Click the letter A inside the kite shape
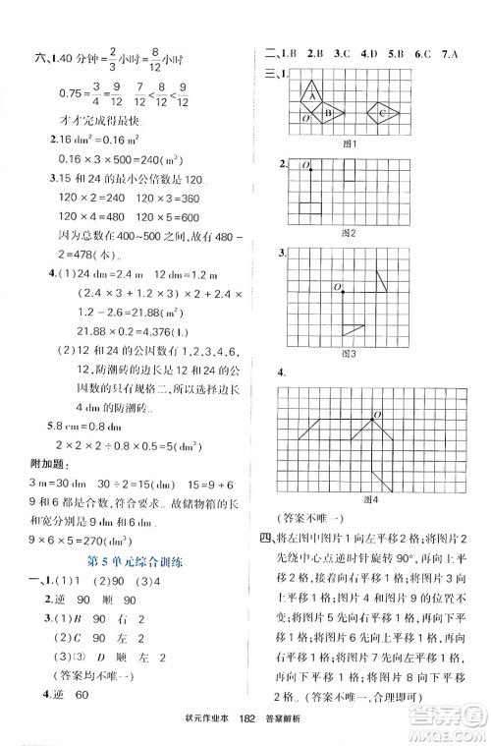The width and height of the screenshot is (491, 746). tap(312, 95)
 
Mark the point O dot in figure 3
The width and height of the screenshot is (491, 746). tap(345, 290)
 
